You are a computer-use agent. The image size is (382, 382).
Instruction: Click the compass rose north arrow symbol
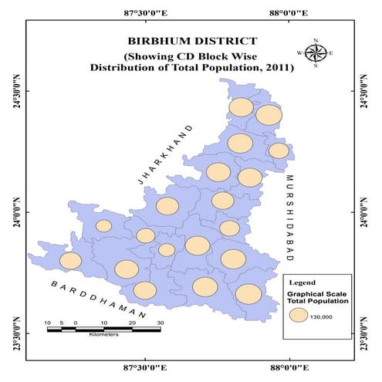[316, 52]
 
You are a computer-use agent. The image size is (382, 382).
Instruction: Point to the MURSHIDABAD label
[292, 214]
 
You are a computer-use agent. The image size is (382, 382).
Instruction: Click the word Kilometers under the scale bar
[103, 336]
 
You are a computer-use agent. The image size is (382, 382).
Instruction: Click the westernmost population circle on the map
[70, 261]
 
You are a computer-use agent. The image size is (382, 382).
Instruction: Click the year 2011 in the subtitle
[277, 68]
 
